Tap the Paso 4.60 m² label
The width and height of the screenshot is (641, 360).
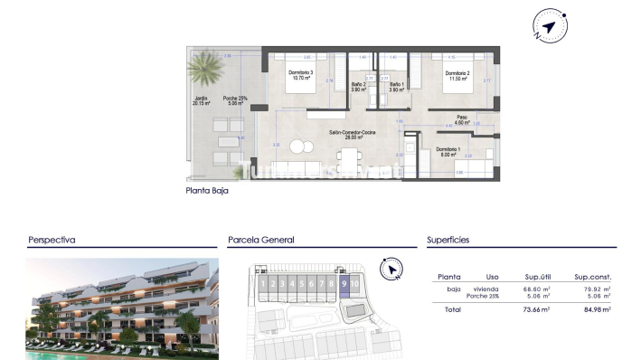(461, 118)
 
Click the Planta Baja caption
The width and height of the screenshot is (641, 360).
(206, 192)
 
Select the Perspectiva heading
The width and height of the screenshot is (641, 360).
(52, 241)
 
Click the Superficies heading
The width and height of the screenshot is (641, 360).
(448, 241)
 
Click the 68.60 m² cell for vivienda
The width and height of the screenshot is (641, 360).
(537, 289)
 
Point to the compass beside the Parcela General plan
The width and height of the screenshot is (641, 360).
(390, 269)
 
